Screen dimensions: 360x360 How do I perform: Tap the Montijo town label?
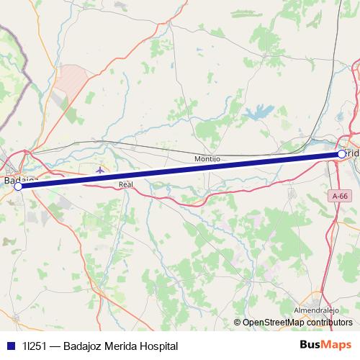coord(207,158)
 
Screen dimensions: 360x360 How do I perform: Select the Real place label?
coord(126,185)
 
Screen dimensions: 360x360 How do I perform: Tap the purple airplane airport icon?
coord(99,171)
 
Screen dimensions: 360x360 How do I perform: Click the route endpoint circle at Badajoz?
coord(18,186)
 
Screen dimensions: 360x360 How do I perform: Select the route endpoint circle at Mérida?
coord(341,153)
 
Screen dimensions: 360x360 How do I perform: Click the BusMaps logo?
coord(325,345)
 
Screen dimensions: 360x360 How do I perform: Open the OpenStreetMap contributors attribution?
coord(297,323)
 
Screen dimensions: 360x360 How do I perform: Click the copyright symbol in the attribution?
coord(238,323)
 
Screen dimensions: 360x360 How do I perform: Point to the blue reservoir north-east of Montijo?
coord(256,112)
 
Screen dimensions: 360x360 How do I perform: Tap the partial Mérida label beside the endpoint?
coord(353,154)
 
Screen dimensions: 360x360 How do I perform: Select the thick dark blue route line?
coord(180,170)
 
